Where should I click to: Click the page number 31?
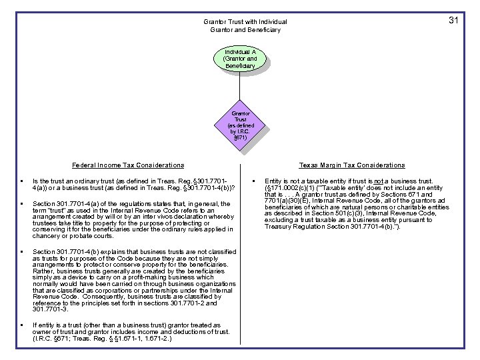453,21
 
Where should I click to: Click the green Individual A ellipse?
240,59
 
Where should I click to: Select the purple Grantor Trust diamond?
240,125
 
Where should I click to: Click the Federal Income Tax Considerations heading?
128,165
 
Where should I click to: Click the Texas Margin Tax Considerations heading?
352,165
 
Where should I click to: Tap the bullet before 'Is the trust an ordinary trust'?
23,181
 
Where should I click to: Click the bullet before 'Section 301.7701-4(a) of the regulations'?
23,203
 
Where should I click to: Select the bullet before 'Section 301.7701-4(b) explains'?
23,252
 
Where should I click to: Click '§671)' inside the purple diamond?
240,137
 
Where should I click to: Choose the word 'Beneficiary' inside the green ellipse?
240,66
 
